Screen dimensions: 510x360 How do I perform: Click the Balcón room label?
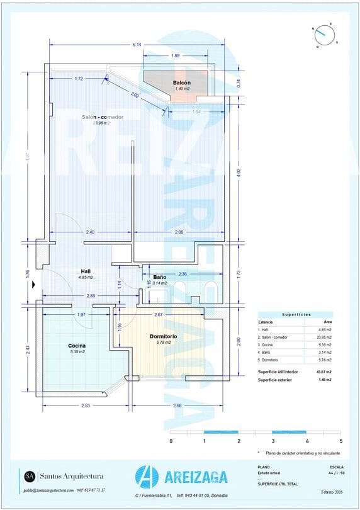182,82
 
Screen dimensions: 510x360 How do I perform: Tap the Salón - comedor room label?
102,117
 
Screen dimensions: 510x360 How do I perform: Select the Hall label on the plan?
86,271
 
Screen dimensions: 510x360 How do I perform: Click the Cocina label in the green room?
77,346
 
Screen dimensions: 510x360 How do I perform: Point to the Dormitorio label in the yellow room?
163,336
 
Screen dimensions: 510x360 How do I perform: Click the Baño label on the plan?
159,277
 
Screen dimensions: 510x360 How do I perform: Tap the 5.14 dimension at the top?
137,45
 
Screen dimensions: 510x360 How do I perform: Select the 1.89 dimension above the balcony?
176,56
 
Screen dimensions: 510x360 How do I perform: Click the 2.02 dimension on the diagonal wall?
135,95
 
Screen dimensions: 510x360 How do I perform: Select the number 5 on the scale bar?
340,441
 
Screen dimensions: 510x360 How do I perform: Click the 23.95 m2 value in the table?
323,337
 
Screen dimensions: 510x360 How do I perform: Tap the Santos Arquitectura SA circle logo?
29,475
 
